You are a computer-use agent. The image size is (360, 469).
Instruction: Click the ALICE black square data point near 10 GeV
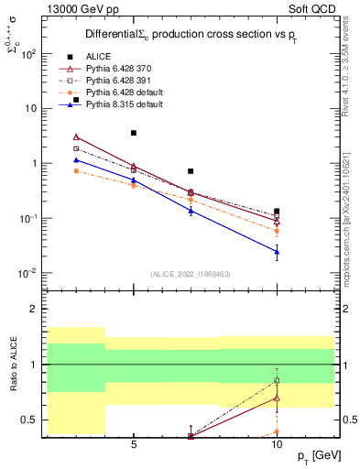click(x=277, y=212)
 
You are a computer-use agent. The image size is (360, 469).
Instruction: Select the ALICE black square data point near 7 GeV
click(x=191, y=171)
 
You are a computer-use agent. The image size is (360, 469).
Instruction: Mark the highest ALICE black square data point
click(x=134, y=133)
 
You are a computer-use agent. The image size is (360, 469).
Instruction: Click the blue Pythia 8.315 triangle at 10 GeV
click(x=277, y=251)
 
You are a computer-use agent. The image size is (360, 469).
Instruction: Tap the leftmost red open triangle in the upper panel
click(x=76, y=136)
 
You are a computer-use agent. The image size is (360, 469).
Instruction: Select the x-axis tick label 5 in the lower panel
click(x=134, y=444)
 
